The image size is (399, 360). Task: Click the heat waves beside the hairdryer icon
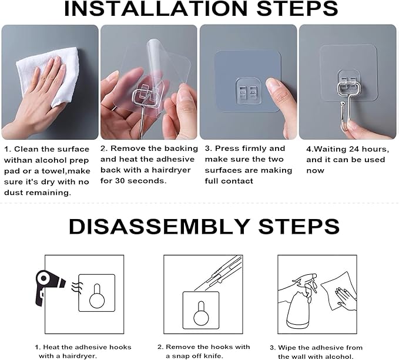coord(73,287)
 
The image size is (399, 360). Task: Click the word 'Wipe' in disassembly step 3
coord(291,347)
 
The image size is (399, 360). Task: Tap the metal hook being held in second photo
coord(140,103)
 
